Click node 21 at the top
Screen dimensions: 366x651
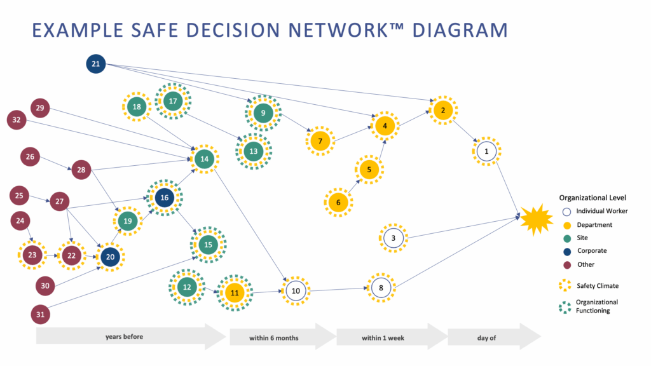pos(95,64)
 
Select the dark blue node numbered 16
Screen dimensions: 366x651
pos(165,198)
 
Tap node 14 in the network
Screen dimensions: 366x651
pos(204,159)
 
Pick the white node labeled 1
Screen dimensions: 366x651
pos(487,151)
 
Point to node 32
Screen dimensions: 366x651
pos(17,119)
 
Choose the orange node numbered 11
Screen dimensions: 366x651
pos(235,293)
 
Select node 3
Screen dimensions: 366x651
pos(394,238)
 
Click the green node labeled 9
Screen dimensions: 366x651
pos(263,113)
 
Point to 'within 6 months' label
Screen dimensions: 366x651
pos(273,338)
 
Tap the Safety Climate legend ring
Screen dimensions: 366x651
pos(565,286)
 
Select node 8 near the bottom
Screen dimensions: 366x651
pos(381,287)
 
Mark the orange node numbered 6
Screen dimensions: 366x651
pos(338,203)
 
